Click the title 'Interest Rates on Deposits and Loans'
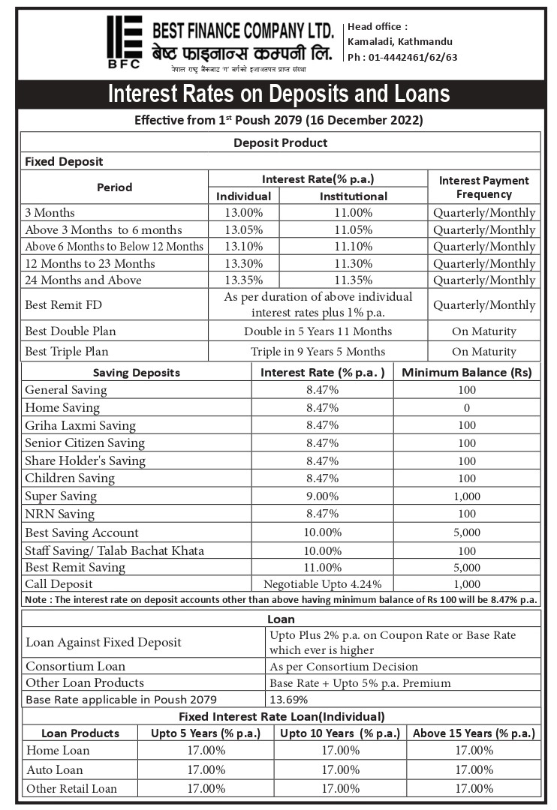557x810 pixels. [x=278, y=94]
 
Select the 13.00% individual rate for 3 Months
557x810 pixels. [x=243, y=213]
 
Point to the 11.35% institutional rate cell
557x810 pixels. [x=353, y=280]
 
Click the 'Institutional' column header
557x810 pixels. [x=353, y=196]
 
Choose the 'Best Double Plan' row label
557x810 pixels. [x=71, y=331]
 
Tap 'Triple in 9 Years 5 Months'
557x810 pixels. [x=318, y=352]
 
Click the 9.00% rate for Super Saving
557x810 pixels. [x=322, y=496]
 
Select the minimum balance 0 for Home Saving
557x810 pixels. [x=467, y=408]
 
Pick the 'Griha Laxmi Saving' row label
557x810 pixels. [x=80, y=426]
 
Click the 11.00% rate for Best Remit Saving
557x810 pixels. [x=322, y=568]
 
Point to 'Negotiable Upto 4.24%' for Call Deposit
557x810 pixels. [x=322, y=584]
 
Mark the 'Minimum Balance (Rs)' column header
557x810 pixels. [x=467, y=373]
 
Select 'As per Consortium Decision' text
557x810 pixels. [x=343, y=666]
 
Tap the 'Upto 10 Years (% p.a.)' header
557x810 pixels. [x=339, y=733]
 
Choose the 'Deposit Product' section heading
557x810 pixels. [x=280, y=142]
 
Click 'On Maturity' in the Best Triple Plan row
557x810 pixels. [x=484, y=352]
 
